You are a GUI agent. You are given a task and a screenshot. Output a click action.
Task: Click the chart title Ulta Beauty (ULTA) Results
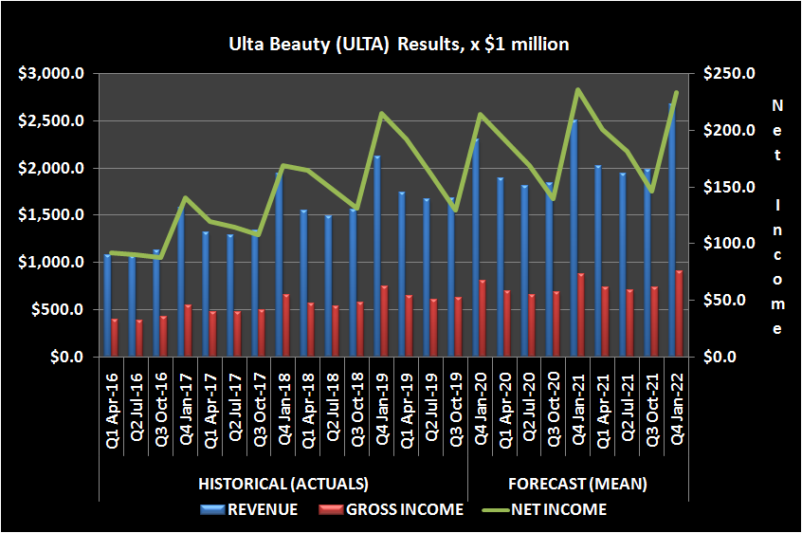point(398,44)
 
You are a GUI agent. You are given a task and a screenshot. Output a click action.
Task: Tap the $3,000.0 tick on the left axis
point(56,74)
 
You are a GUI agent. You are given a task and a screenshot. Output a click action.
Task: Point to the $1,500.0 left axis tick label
point(56,215)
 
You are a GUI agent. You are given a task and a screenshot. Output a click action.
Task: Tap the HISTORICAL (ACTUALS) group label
point(283,484)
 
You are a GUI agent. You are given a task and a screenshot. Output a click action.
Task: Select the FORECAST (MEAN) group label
point(577,484)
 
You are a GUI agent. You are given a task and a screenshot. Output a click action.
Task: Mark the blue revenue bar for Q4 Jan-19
point(377,256)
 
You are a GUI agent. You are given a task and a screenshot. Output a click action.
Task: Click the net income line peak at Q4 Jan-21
point(577,90)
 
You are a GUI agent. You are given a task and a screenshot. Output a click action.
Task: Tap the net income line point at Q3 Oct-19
point(454,210)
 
